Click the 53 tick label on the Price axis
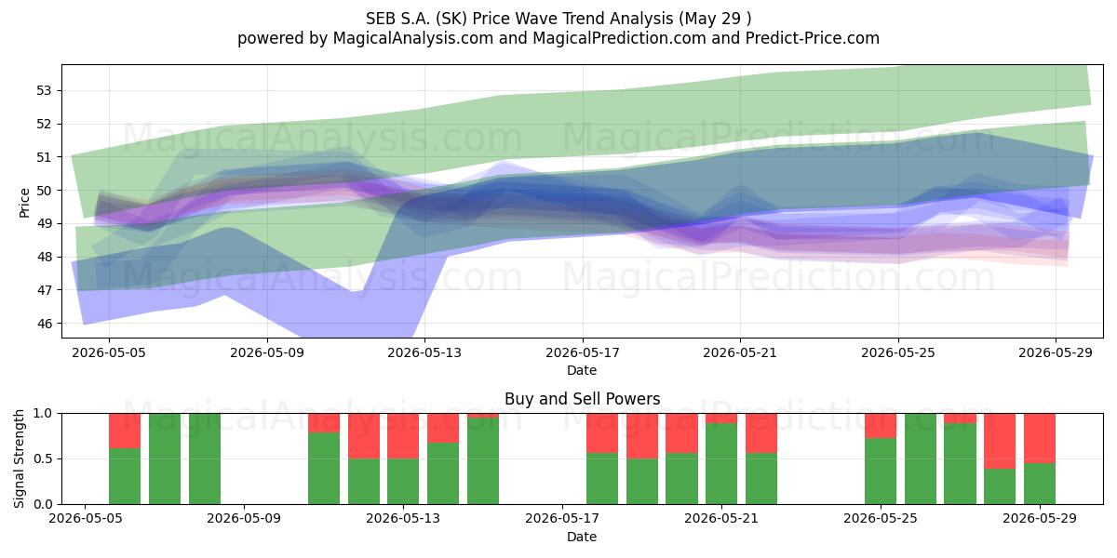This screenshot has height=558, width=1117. click(x=44, y=91)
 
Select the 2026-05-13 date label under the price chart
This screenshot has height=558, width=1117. click(x=424, y=352)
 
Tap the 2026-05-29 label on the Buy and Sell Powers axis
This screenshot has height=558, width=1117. click(x=1040, y=519)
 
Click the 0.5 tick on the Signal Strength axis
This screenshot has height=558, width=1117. click(x=43, y=458)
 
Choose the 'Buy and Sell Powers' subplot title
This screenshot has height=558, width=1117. click(x=582, y=399)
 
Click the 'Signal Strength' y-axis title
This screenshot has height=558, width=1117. click(x=19, y=458)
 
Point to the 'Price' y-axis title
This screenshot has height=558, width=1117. click(x=24, y=203)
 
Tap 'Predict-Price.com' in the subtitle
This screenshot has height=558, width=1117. click(x=813, y=38)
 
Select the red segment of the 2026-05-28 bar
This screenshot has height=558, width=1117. click(x=1000, y=441)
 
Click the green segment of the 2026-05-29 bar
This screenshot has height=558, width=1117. click(x=1040, y=484)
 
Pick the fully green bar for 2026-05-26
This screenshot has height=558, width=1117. click(x=921, y=458)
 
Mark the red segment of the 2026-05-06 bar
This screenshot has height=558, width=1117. click(x=125, y=431)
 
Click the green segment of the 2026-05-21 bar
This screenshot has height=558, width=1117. click(x=721, y=464)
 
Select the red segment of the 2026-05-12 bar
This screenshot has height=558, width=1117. click(x=364, y=436)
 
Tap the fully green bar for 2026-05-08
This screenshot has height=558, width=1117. click(x=205, y=458)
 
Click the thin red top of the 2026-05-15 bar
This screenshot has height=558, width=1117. click(x=483, y=416)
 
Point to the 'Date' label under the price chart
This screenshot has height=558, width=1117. click(x=582, y=370)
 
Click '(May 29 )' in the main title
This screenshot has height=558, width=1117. click(x=714, y=19)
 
